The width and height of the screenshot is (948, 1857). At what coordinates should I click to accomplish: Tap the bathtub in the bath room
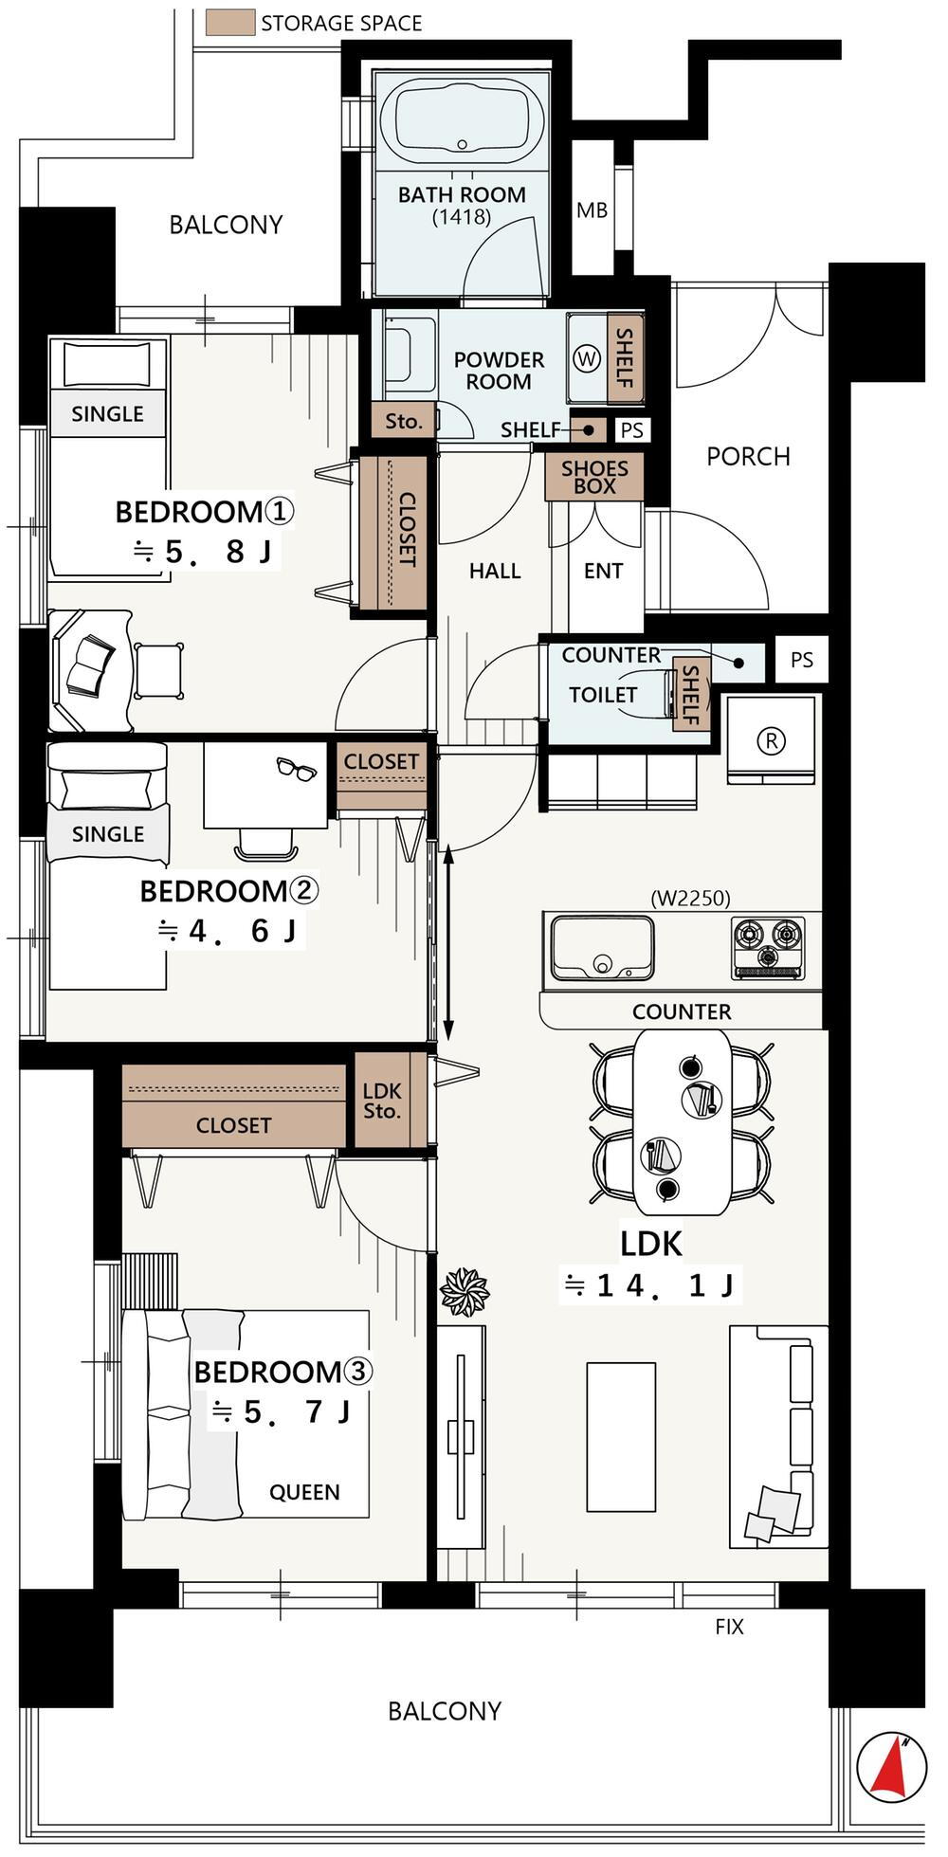462,120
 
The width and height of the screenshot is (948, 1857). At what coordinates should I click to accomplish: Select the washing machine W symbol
588,359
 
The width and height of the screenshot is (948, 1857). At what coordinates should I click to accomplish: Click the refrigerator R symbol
772,741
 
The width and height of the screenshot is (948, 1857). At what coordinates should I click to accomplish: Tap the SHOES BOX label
594,477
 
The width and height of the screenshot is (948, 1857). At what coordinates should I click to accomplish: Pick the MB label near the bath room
592,210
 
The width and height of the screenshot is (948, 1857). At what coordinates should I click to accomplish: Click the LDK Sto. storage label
382,1101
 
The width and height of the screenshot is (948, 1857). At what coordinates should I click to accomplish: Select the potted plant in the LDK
465,1291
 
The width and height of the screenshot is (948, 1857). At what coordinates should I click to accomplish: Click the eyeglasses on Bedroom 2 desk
297,770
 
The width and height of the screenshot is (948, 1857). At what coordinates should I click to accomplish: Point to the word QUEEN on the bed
304,1493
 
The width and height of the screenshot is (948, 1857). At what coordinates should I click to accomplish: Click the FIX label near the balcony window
729,1627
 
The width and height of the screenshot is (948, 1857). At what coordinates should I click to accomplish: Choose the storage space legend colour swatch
229,22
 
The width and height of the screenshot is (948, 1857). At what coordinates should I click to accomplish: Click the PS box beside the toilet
802,660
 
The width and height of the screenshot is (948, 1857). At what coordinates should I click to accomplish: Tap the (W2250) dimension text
690,898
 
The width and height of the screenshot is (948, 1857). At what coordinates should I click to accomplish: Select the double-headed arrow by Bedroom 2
448,943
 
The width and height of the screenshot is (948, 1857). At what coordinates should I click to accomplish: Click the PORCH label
748,457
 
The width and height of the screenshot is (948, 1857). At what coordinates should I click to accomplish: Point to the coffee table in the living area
621,1437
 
